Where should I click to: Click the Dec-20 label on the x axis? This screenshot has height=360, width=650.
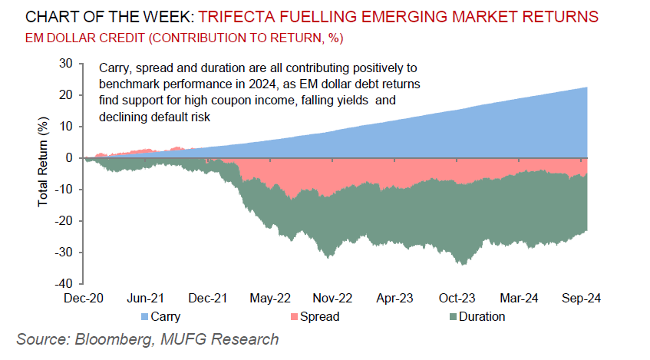85,299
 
